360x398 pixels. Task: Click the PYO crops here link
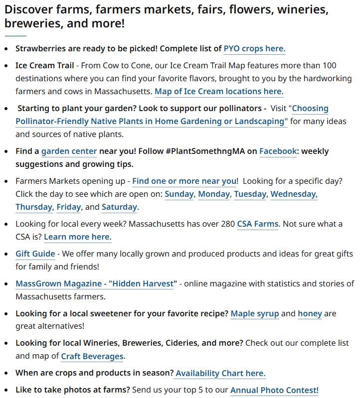click(x=254, y=49)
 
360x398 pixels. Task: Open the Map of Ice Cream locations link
click(x=219, y=92)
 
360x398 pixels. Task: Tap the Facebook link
click(x=278, y=151)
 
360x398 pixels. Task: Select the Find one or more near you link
click(x=184, y=181)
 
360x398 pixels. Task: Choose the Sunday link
click(x=179, y=194)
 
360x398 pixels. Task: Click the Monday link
click(x=214, y=194)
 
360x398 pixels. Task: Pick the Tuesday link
click(x=250, y=194)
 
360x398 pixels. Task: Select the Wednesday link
click(x=294, y=194)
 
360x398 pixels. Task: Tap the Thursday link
click(x=33, y=207)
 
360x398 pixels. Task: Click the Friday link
click(x=68, y=207)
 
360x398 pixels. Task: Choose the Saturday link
click(x=119, y=207)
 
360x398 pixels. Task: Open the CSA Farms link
click(x=257, y=224)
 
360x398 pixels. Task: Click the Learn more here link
click(x=77, y=237)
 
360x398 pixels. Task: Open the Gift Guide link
click(x=35, y=254)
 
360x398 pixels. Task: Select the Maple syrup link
click(x=255, y=314)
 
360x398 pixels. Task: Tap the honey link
click(x=310, y=314)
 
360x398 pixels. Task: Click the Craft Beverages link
click(x=92, y=357)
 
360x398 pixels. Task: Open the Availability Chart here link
click(x=220, y=374)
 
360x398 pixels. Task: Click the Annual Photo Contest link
click(x=274, y=391)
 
